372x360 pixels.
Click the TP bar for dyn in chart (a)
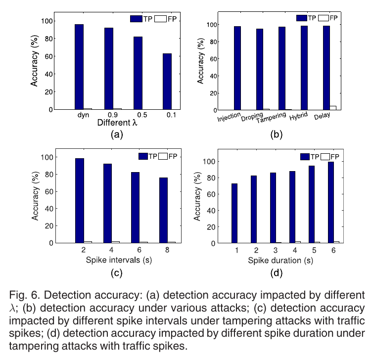pos(79,67)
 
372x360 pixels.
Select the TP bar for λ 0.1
pos(167,81)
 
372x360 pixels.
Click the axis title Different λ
pos(117,123)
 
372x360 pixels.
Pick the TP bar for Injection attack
pos(237,68)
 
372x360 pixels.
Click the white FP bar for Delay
pos(333,108)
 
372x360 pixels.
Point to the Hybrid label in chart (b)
pos(298,115)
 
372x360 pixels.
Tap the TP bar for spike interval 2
pos(80,201)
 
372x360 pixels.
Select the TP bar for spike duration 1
pos(234,213)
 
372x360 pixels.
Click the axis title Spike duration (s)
pos(281,260)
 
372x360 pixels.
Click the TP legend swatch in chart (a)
pos(136,18)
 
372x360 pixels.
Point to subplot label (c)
pos(117,272)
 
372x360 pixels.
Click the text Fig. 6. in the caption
pos(23,296)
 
